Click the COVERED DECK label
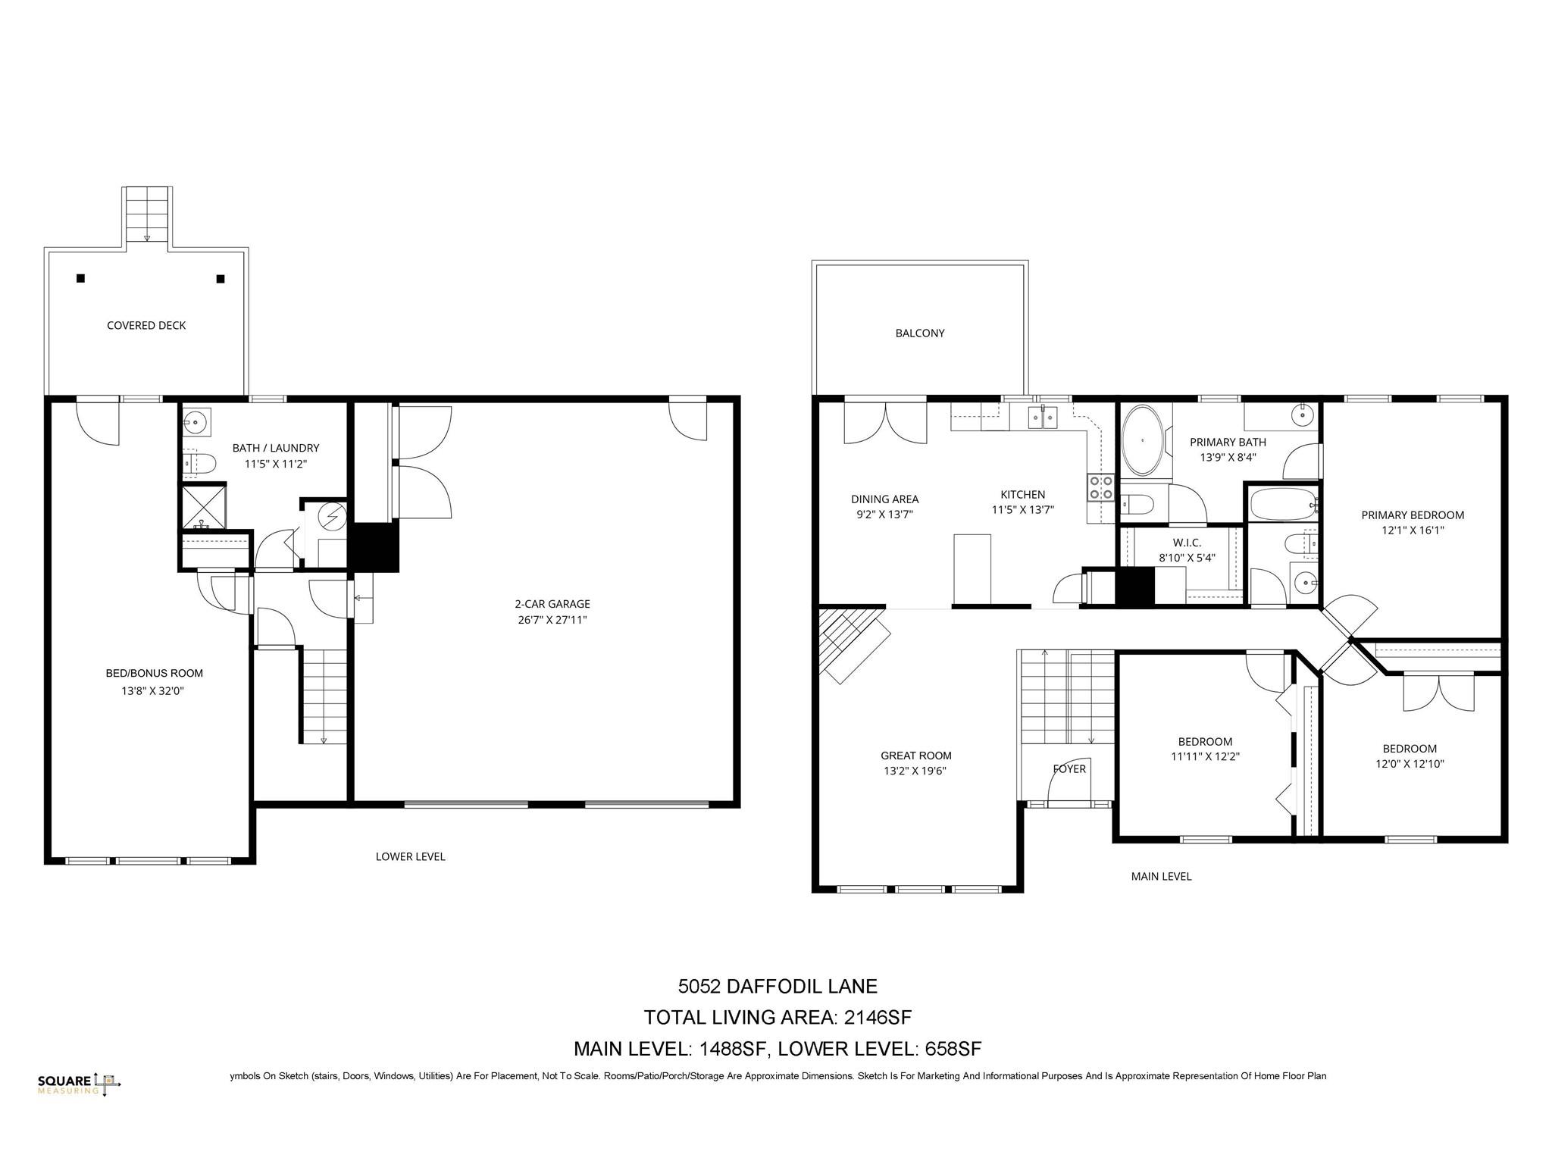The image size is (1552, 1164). (146, 326)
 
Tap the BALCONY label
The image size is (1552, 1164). (920, 333)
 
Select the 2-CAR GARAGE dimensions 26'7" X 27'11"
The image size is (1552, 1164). (552, 620)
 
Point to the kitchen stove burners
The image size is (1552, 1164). (1101, 487)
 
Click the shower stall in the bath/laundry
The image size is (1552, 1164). (203, 507)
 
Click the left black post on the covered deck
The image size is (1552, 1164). (81, 278)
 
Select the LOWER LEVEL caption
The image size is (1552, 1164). (411, 856)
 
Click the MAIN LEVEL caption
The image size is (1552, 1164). (1161, 876)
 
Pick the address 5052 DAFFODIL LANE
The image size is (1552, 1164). (778, 986)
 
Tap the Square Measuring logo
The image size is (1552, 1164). (79, 1084)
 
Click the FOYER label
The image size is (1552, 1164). (1069, 769)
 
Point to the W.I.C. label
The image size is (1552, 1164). (1187, 543)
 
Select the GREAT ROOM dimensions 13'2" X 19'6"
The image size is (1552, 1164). (915, 771)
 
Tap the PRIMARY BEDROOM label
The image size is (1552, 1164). (1413, 515)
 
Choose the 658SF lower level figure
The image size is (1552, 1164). (953, 1049)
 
